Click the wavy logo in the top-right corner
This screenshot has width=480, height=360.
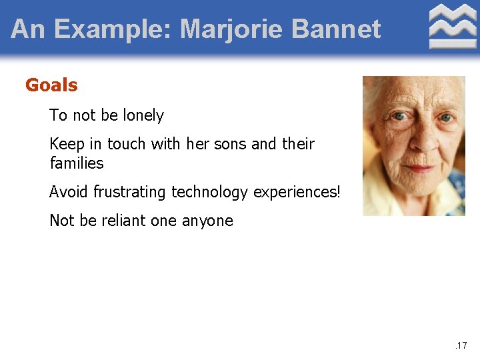[453, 27]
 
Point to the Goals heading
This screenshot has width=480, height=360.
[51, 85]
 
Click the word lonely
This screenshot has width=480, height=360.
[143, 115]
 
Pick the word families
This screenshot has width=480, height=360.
[77, 163]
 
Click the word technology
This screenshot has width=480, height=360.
[210, 192]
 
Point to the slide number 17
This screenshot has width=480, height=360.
[461, 345]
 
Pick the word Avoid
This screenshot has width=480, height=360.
[69, 192]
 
